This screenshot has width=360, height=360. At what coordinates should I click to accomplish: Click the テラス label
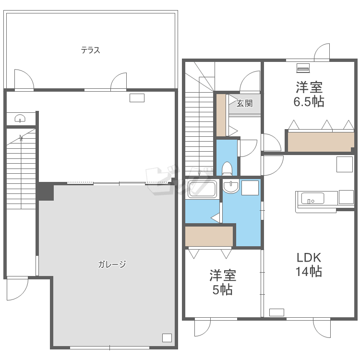point(90,50)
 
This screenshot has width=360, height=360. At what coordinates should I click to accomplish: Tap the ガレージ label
point(112,264)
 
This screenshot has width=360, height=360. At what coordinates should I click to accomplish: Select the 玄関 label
point(244,103)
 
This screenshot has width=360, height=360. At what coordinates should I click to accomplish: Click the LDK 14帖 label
point(309,264)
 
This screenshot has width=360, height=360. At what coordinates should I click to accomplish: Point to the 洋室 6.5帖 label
point(309,94)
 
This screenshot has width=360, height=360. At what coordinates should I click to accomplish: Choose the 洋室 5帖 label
point(223,282)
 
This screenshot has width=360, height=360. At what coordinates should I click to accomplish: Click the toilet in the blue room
point(227,169)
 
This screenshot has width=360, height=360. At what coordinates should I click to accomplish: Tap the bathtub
point(202,190)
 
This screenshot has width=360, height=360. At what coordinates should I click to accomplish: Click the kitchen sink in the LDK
point(312,198)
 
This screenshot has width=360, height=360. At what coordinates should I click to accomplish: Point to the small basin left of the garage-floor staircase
point(20,119)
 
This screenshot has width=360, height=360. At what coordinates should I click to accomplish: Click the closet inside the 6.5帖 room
point(321,142)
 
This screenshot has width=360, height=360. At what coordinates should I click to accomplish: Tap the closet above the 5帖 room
point(209,237)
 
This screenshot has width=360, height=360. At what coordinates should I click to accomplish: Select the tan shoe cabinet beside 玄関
point(221,115)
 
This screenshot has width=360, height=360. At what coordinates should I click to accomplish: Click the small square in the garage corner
point(167,338)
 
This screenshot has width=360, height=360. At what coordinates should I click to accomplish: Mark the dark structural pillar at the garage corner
point(46,192)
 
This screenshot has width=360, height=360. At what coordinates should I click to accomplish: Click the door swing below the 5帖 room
point(203,328)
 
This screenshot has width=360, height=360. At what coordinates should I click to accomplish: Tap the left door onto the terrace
point(24,79)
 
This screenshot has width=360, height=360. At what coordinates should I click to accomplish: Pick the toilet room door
point(248,148)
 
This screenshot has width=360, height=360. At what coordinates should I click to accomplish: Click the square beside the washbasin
point(250,188)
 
